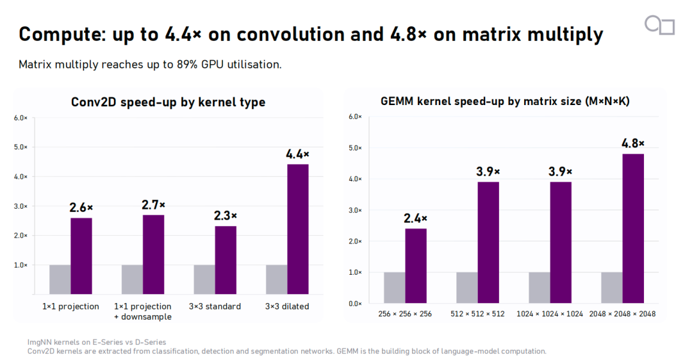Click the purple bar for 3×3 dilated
(x=298, y=229)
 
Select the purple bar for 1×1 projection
(x=81, y=256)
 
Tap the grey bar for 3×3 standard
(x=204, y=280)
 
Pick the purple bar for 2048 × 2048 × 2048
(x=633, y=229)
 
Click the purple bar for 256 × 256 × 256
(x=416, y=266)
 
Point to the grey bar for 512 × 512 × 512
(x=467, y=288)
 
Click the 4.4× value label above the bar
(x=297, y=154)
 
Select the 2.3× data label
(x=226, y=216)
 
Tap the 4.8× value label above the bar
(x=633, y=143)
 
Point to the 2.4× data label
(x=415, y=218)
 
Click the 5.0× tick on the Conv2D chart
(x=21, y=147)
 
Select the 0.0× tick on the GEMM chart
(x=355, y=304)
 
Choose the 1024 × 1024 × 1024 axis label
(x=550, y=314)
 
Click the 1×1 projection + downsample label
(x=142, y=311)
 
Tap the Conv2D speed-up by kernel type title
(x=168, y=102)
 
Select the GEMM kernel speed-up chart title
(x=505, y=101)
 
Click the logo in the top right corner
(x=659, y=25)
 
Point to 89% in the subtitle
(x=187, y=65)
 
